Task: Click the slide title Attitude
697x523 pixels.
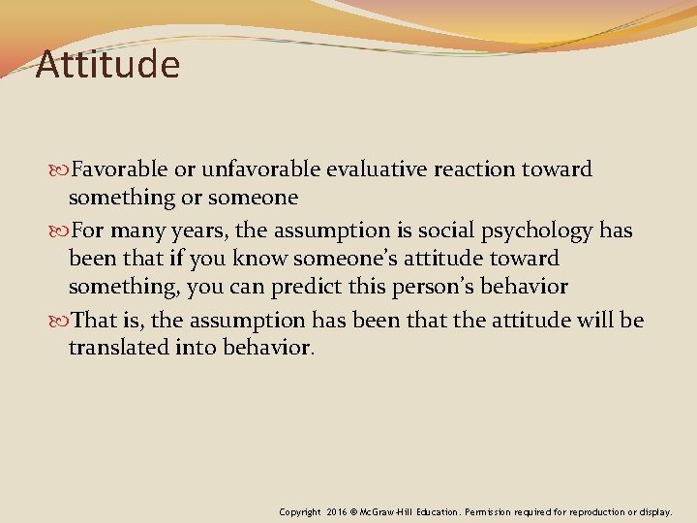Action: click(x=107, y=66)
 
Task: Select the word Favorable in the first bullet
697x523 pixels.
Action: click(x=121, y=169)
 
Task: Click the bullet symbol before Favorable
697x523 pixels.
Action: click(x=62, y=170)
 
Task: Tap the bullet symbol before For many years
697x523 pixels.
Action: click(x=62, y=231)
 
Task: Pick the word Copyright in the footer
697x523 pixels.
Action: click(x=301, y=510)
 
